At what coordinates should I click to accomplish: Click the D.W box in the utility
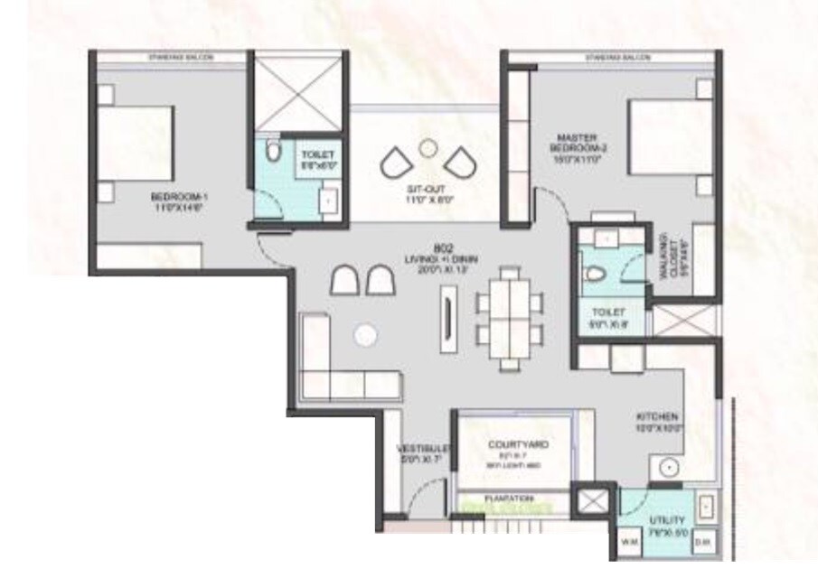704,542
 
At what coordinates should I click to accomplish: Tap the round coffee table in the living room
364,335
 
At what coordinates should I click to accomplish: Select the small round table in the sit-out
429,147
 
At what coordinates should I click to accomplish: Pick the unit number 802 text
442,247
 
